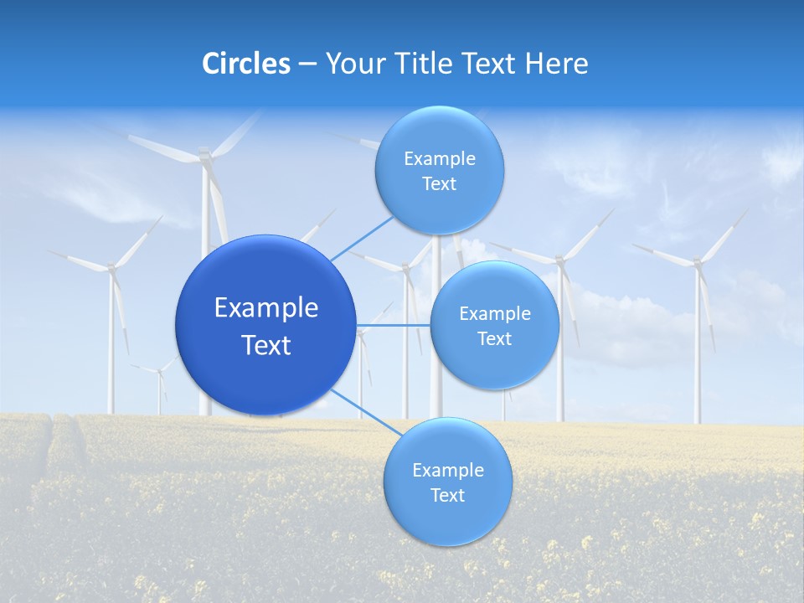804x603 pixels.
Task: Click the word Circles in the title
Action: click(x=245, y=64)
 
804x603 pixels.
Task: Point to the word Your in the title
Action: click(x=353, y=64)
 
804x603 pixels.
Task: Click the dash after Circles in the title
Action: click(x=307, y=64)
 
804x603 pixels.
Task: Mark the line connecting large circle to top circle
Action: click(x=363, y=236)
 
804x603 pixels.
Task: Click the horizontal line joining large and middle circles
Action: click(x=393, y=325)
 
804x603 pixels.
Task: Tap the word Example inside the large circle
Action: click(x=266, y=308)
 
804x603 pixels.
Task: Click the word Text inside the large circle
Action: click(x=266, y=345)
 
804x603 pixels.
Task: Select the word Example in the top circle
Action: click(x=440, y=159)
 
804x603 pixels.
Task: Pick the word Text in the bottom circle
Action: click(x=447, y=496)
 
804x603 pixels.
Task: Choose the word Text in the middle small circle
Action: click(x=494, y=339)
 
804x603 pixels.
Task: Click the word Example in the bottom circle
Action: click(x=448, y=471)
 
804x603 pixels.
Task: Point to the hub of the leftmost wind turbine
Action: click(x=111, y=268)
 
